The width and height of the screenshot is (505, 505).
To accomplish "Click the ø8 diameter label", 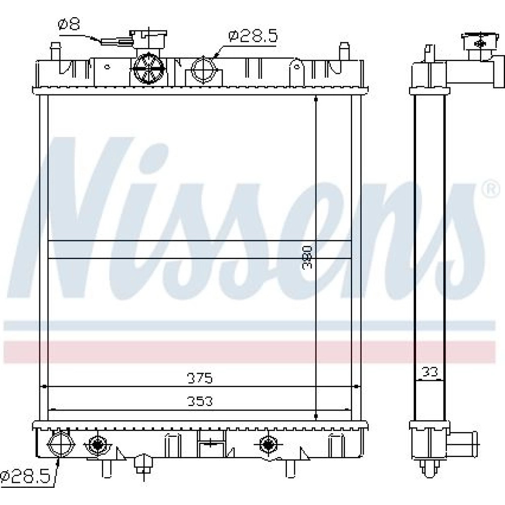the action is click(x=69, y=24).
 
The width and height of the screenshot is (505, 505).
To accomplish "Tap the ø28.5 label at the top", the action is click(x=253, y=36).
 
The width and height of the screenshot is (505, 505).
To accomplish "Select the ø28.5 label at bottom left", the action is click(x=25, y=477).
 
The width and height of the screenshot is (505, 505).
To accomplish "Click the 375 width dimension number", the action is click(x=200, y=378).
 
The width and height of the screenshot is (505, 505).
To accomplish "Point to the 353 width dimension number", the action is click(x=200, y=401).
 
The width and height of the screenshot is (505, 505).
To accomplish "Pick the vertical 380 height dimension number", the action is click(x=307, y=258).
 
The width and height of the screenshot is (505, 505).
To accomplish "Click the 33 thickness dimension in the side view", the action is click(x=430, y=372).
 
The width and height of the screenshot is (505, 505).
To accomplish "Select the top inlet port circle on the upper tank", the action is click(x=204, y=69).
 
